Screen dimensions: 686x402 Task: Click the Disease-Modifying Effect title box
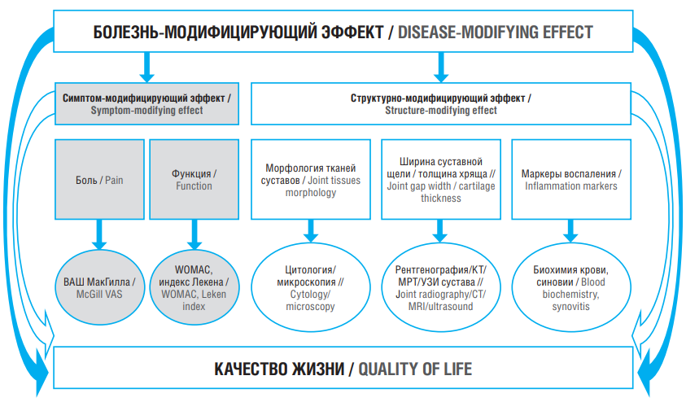[x=343, y=32]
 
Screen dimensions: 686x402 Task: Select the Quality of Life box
[x=343, y=368]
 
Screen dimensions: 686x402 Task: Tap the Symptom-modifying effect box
[x=146, y=103]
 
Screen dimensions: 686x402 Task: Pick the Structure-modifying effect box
[x=441, y=103]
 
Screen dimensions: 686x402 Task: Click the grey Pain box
[x=99, y=179]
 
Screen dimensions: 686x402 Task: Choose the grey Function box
[x=194, y=179]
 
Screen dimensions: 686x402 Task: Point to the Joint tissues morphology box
[x=311, y=179]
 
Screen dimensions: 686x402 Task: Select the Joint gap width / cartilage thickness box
[x=441, y=179]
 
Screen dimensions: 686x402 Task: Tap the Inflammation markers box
[x=571, y=179]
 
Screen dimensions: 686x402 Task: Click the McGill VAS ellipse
[x=100, y=287]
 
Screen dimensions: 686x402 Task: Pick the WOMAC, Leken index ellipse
[x=194, y=287]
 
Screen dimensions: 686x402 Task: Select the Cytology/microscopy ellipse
[x=311, y=287]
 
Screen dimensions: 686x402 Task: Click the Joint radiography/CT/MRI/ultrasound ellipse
[x=441, y=287]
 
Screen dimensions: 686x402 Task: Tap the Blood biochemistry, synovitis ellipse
[x=571, y=287]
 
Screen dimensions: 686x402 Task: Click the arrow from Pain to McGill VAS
[x=99, y=235]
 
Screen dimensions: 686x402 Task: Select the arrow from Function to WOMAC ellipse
[x=194, y=235]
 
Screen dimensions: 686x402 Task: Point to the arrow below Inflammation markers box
[x=570, y=231]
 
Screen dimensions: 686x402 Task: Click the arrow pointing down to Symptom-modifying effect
[x=147, y=68]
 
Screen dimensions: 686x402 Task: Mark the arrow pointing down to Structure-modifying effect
[x=441, y=68]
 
